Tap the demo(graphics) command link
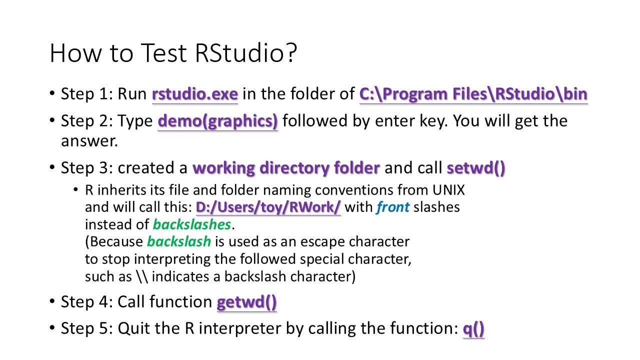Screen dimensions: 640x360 click(x=217, y=121)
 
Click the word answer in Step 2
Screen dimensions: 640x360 click(x=89, y=141)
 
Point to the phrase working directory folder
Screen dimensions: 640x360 click(x=286, y=167)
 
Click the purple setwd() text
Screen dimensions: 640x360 click(x=476, y=167)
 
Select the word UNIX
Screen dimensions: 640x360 click(x=448, y=190)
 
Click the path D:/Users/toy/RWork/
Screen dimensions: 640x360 click(x=268, y=207)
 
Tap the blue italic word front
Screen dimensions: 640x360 click(x=393, y=207)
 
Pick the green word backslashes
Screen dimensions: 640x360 click(x=192, y=224)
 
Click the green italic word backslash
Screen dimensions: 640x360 click(x=179, y=241)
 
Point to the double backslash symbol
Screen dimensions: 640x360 click(x=142, y=276)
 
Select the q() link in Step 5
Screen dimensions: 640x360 click(x=473, y=328)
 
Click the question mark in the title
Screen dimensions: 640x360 click(x=291, y=53)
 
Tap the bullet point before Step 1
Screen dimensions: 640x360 click(x=52, y=93)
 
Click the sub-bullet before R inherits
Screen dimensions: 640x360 click(x=75, y=189)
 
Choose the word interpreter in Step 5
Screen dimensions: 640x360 click(x=240, y=328)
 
